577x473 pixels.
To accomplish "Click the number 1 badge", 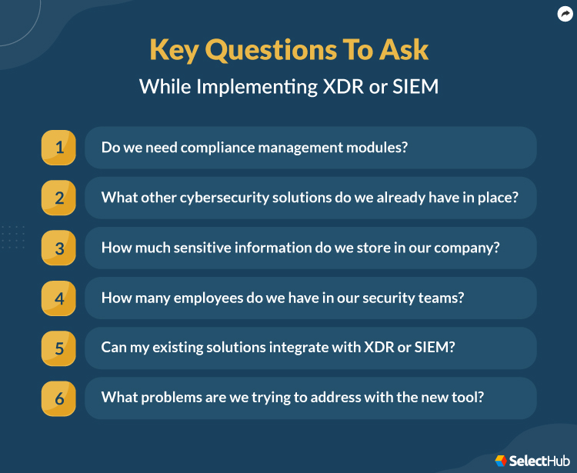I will click(x=58, y=148).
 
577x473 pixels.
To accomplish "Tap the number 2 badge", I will click(x=58, y=198).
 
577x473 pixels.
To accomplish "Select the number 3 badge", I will click(x=58, y=248).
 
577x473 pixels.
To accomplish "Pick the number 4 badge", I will click(x=58, y=298).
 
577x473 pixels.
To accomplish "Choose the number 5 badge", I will click(x=58, y=348).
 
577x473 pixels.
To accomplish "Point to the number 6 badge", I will click(x=58, y=398).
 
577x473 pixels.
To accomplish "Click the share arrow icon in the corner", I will click(x=565, y=13).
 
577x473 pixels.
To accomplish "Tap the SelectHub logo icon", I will click(x=501, y=460).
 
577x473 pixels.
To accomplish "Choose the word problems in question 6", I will click(x=171, y=398).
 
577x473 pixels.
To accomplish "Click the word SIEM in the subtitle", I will click(x=415, y=86).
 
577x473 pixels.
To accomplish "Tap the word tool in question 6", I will click(x=469, y=398).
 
